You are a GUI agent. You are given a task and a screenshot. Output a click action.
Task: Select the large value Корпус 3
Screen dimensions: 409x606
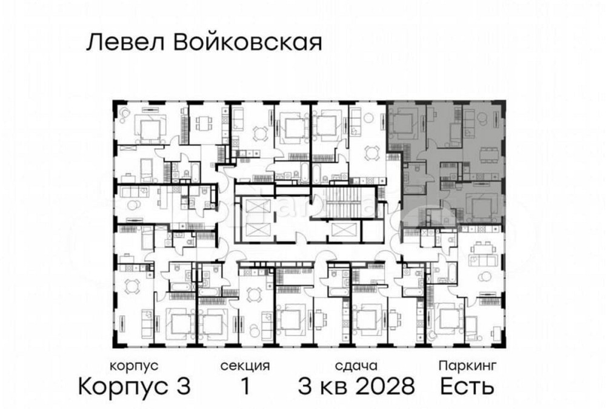(x=135, y=385)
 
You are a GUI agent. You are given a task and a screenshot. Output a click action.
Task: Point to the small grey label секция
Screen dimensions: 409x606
(x=245, y=366)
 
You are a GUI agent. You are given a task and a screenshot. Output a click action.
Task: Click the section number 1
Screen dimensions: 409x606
(x=245, y=385)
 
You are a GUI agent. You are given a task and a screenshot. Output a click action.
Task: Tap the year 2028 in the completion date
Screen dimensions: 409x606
(x=385, y=385)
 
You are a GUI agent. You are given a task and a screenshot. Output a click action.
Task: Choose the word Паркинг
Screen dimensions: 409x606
(x=468, y=366)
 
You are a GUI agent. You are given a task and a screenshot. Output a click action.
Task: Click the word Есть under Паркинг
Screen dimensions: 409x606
(x=467, y=385)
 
